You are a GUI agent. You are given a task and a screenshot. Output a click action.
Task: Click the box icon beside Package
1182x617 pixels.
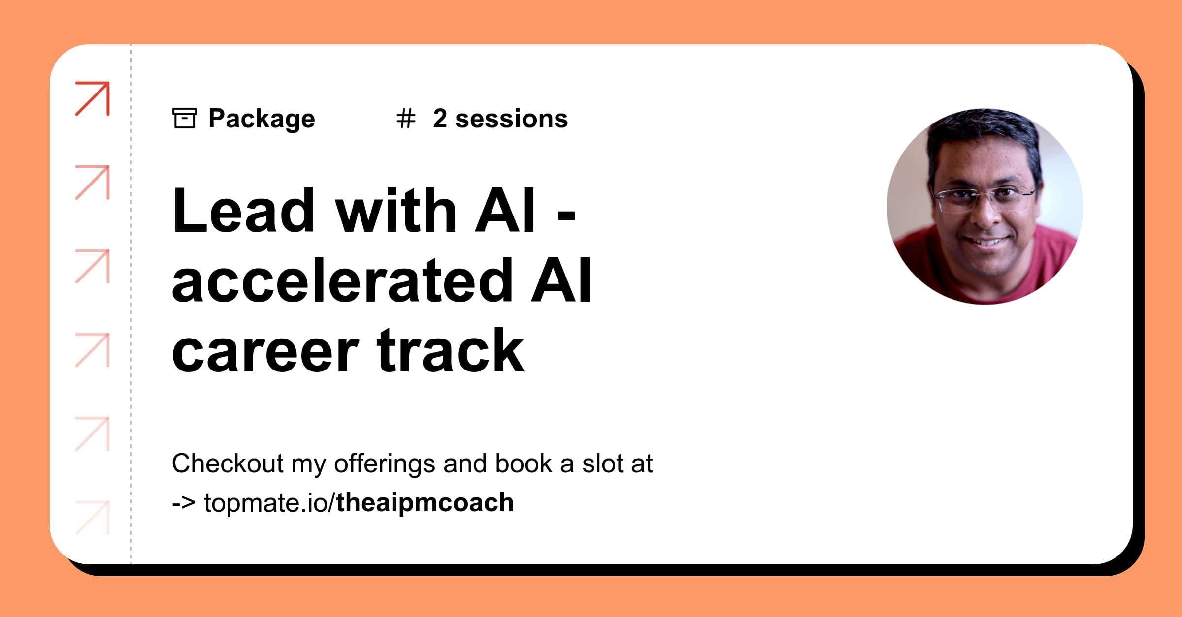point(185,118)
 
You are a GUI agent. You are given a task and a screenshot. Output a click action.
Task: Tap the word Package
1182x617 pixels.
point(262,119)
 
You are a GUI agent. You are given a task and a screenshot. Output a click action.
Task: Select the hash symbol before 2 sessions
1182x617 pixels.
point(406,119)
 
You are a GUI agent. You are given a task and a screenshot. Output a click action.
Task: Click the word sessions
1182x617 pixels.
point(511,119)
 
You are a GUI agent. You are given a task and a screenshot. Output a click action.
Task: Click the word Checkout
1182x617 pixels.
point(228,463)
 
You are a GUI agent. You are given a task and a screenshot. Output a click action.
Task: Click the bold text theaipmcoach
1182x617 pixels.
point(425,503)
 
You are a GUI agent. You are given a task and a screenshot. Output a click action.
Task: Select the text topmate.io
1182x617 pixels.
point(268,503)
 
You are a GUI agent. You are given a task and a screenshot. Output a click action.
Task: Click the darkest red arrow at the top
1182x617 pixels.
point(93,98)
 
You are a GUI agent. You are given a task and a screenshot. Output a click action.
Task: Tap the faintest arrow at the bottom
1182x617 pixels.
point(93,517)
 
